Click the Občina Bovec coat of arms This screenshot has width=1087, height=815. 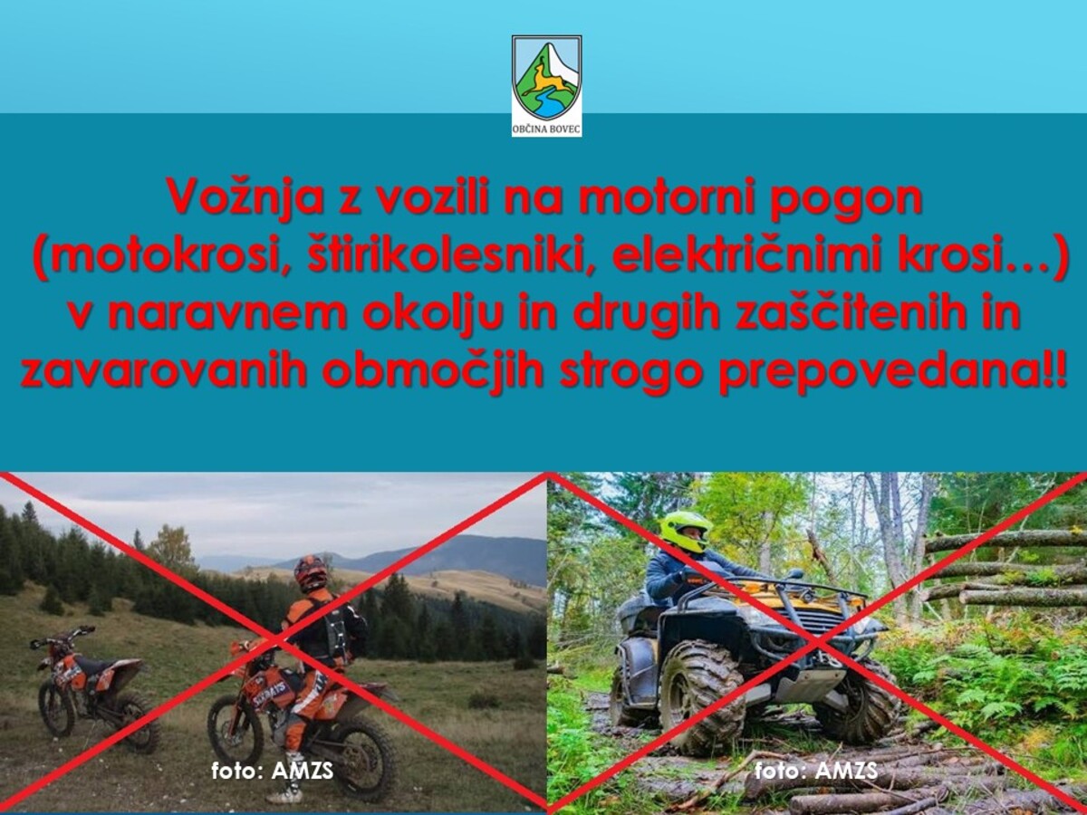coord(547,79)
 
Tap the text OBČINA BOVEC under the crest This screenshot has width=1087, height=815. coord(547,129)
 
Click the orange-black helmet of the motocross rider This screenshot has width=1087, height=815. coord(311,574)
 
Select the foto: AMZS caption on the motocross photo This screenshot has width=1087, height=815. coord(273,772)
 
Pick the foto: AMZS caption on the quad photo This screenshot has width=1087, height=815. coord(815,771)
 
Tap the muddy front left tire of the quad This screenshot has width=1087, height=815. coord(702,697)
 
